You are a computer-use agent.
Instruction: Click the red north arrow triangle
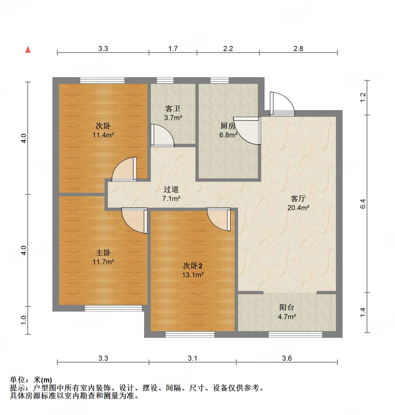28,49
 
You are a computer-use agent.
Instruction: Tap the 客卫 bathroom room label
173,109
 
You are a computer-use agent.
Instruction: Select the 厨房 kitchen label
227,126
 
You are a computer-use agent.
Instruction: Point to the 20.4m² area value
298,208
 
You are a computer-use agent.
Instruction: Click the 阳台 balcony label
287,307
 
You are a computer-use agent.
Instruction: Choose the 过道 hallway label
171,189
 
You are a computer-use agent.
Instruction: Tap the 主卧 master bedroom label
103,253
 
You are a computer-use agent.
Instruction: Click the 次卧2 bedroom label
193,266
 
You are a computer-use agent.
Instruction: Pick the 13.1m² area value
193,275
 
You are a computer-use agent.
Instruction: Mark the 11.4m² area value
103,135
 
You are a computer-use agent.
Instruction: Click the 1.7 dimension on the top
173,48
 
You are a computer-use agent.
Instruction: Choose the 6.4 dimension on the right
362,204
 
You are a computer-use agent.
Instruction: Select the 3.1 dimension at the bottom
192,358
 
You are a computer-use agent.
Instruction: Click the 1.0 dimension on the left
24,320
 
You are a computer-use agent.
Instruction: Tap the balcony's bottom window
295,334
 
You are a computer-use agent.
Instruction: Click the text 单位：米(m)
31,380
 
